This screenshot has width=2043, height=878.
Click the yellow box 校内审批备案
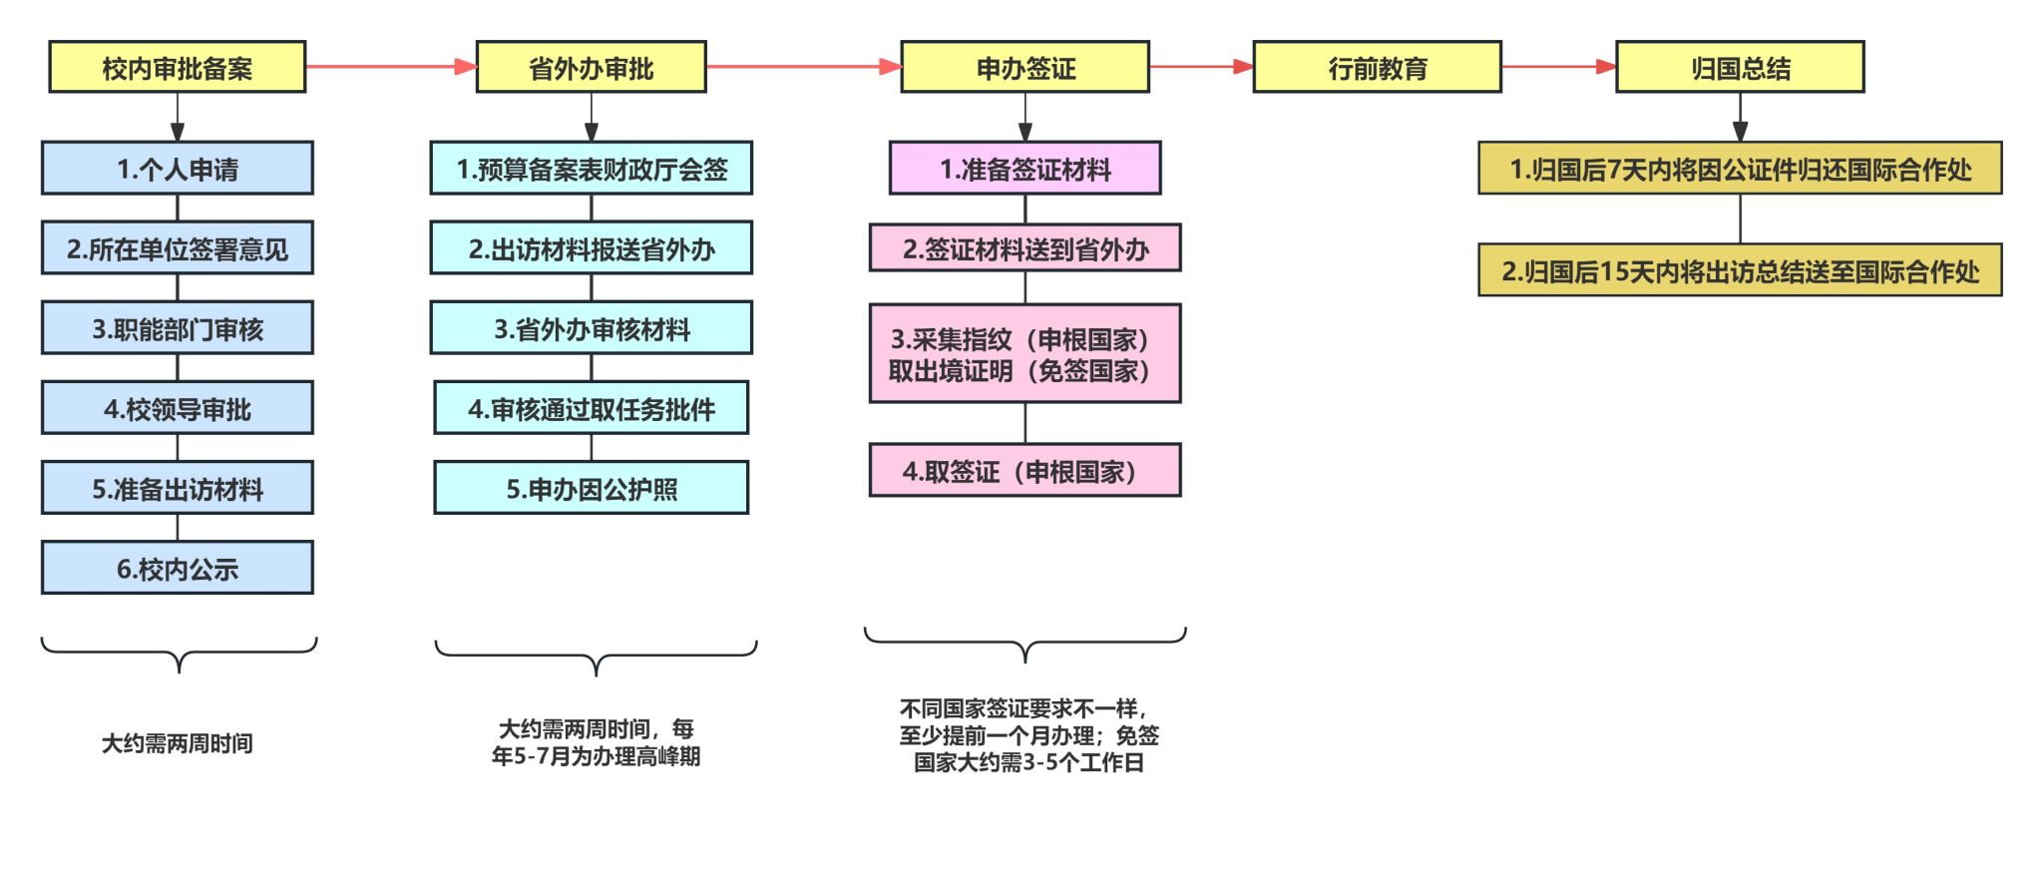178,67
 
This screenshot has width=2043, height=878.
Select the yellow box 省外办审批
592,67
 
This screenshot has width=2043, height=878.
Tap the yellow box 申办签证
1025,67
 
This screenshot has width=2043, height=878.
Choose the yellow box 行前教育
1378,67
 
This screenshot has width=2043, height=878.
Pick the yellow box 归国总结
1741,67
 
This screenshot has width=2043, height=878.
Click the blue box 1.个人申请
178,169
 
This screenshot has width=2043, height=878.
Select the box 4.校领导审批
178,408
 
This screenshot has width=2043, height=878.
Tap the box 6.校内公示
178,568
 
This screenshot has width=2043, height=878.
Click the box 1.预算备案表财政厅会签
592,169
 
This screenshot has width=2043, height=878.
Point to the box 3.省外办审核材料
592,328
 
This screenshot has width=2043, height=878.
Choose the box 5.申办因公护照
592,488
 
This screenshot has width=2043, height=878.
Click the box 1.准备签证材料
1025,169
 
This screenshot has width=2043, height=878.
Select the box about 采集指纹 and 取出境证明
1025,354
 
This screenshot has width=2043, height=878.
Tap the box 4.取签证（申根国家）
1025,471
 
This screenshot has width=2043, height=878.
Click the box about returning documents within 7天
1741,169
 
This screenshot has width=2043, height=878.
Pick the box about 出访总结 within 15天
1741,270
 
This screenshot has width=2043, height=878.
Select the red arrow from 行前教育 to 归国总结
1558,67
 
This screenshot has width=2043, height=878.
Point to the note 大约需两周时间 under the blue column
178,743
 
